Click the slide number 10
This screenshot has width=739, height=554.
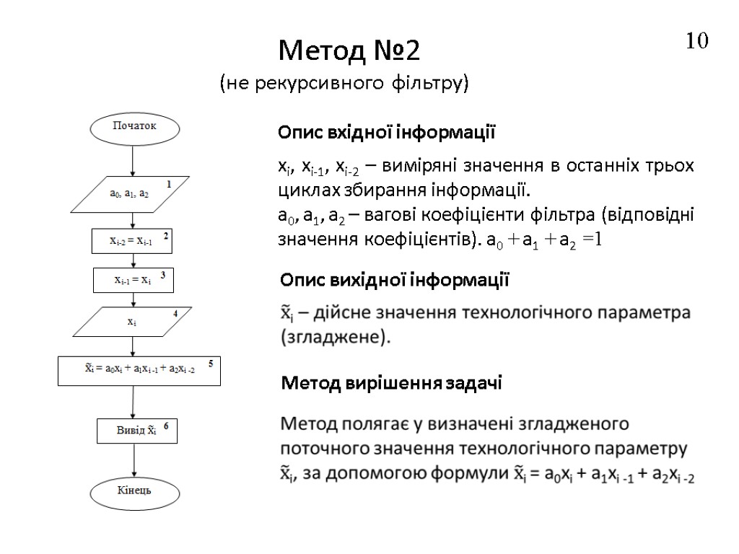[x=697, y=41]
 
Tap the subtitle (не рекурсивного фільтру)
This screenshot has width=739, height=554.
[x=344, y=84]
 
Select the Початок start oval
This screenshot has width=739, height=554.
[x=134, y=127]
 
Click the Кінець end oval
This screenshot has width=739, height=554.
[x=134, y=493]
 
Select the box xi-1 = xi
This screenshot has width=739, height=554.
[x=134, y=280]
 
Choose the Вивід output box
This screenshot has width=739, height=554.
[x=136, y=431]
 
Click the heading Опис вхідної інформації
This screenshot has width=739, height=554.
[x=387, y=133]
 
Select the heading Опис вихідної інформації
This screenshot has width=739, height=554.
[x=394, y=280]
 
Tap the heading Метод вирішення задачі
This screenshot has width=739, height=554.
[x=390, y=384]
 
